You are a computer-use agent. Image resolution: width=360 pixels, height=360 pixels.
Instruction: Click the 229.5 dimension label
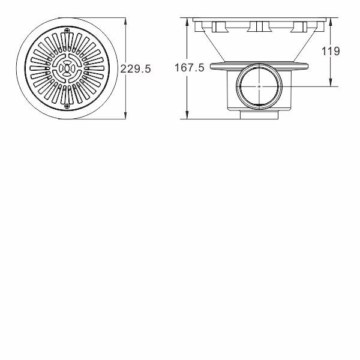(136, 68)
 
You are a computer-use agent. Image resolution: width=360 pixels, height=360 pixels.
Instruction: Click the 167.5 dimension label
(189, 67)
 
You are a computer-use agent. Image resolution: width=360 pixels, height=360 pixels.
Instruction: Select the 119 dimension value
(331, 51)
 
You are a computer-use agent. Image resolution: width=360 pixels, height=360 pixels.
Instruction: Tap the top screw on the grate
(67, 31)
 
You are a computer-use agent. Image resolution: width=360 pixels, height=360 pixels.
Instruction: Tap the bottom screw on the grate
(67, 106)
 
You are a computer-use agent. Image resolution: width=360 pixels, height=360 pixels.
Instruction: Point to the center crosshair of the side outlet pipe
(259, 86)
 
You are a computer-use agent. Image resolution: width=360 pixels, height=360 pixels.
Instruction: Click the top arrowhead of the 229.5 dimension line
(125, 22)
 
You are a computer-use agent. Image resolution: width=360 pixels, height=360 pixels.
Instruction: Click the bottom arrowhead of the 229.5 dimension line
(125, 115)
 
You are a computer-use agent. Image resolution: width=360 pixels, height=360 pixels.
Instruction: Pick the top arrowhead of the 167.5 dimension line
(187, 22)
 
